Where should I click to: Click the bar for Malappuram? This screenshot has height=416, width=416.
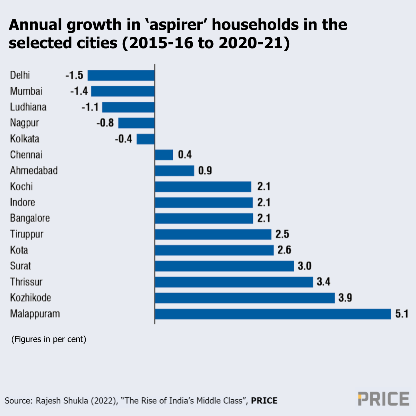point(273,314)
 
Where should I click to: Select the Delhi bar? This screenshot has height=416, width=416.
point(121,75)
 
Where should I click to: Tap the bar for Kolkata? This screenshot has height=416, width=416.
point(146,139)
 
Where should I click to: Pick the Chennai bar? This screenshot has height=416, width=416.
point(164,155)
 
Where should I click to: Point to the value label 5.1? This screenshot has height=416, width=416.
point(401,314)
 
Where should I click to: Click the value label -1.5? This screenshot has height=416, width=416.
point(75,75)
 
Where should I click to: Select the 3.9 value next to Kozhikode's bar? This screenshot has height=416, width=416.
point(345,298)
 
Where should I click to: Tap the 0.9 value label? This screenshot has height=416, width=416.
point(205,171)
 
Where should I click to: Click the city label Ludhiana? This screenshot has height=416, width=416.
point(28,107)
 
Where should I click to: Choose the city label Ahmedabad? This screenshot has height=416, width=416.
point(34,171)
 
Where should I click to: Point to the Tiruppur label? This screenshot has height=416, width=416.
point(27,234)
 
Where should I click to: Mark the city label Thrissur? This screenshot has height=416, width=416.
point(26,282)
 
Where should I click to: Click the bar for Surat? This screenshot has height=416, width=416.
point(224,266)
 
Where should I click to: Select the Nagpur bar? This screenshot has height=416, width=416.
point(136,123)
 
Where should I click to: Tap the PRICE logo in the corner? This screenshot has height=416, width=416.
point(383,399)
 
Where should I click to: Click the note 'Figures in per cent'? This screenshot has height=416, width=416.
point(49,339)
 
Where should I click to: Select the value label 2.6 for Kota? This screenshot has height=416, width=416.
point(284,250)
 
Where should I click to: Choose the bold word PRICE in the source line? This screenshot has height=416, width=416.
point(264,401)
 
